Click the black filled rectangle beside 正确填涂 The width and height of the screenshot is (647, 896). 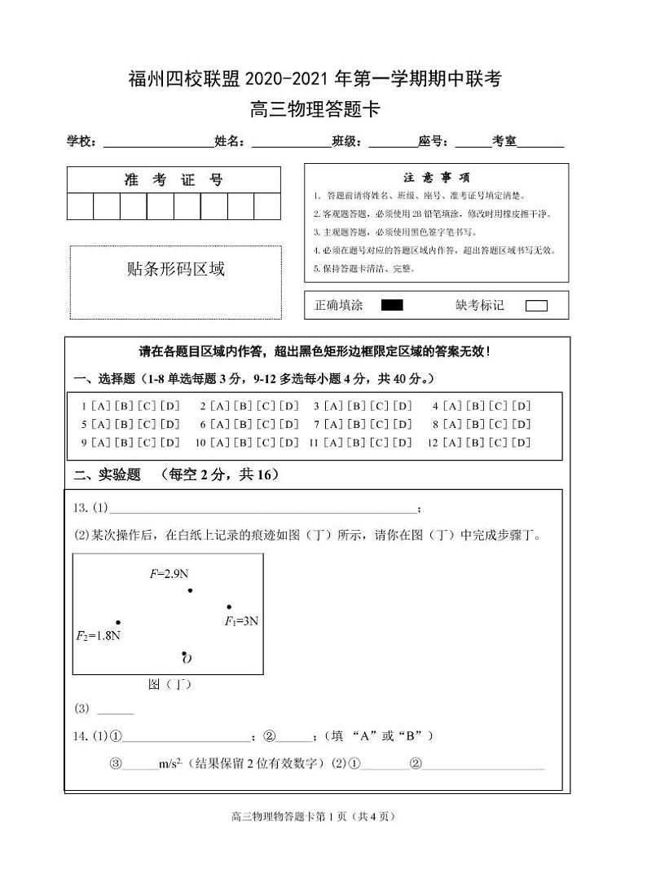(392, 305)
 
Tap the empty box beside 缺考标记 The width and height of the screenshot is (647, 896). (536, 306)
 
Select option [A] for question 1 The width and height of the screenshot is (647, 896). (101, 405)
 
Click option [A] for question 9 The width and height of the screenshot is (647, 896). (101, 443)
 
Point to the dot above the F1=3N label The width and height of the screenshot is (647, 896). (229, 607)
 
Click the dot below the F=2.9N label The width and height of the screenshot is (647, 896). (190, 590)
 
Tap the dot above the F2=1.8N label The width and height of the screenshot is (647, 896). (118, 622)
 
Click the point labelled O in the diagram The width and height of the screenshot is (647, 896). (184, 654)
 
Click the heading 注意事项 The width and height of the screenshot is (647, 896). (436, 177)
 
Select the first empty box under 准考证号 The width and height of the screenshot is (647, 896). (80, 206)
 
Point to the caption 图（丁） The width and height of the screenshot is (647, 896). (169, 685)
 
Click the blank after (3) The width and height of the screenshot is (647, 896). (115, 708)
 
